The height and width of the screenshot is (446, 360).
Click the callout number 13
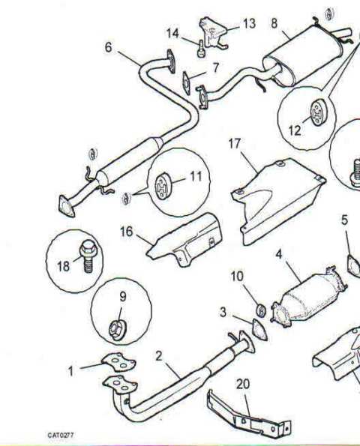coord(249,23)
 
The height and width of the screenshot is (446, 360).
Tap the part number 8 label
coord(274,23)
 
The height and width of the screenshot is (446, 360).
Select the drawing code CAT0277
coord(61,436)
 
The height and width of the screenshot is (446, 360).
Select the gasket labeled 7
coord(187,82)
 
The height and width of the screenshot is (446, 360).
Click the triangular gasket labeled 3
coord(259,330)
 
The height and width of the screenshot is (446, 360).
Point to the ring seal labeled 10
coord(261,310)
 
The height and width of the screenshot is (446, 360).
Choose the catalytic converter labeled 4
coord(309,297)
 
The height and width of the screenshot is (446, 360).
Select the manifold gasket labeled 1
coord(118,362)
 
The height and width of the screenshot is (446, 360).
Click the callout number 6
coord(109,47)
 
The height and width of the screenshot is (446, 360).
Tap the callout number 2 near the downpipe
coord(159,356)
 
